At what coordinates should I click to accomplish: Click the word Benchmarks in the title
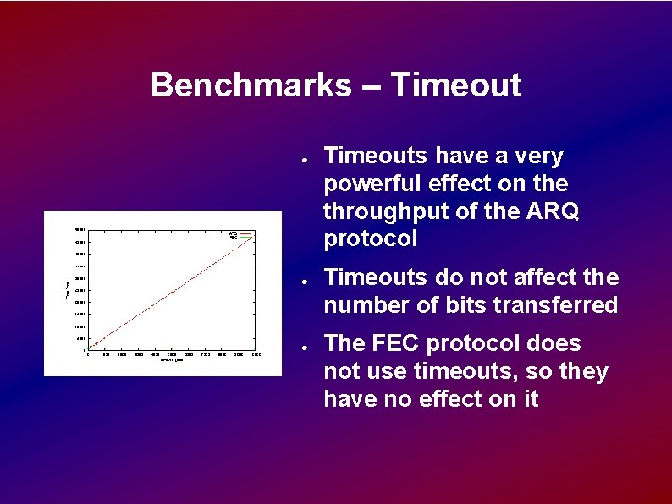(x=250, y=85)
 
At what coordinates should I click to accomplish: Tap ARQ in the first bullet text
(x=554, y=211)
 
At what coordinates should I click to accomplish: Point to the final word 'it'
(x=530, y=398)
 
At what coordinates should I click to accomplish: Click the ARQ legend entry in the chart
(x=235, y=233)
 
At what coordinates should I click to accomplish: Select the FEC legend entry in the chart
(x=235, y=238)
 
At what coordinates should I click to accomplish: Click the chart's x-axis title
(x=173, y=360)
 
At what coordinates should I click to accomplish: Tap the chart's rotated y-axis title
(x=68, y=289)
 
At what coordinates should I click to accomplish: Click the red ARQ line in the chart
(x=173, y=292)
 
